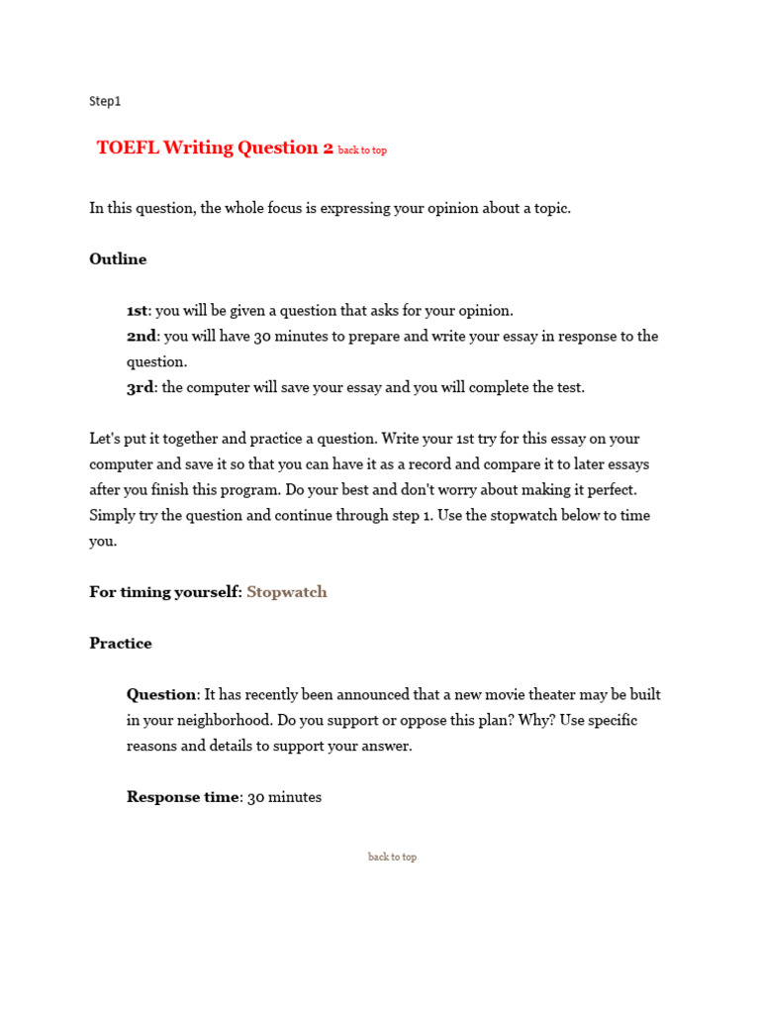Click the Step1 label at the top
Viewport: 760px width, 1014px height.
[105, 101]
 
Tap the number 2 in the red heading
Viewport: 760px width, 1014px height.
[328, 148]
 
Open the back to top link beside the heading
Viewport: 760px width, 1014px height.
[362, 151]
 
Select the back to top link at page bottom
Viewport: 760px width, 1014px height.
[392, 857]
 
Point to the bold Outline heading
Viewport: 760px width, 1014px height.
[118, 259]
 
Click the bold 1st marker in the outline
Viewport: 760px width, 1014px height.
[139, 310]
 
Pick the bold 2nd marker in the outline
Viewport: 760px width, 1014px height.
[142, 336]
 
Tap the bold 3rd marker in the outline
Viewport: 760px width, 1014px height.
[140, 387]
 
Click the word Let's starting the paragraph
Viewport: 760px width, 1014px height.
[106, 438]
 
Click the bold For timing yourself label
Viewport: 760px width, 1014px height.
[165, 592]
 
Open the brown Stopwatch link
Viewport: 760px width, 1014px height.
[287, 592]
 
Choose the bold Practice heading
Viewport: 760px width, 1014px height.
[121, 644]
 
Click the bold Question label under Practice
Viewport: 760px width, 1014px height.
[161, 695]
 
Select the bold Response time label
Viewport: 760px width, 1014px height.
[183, 797]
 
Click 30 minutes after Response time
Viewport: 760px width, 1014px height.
[285, 797]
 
